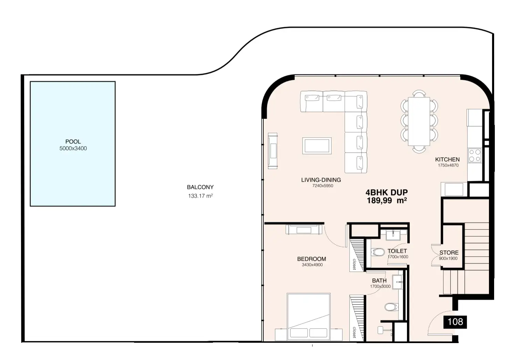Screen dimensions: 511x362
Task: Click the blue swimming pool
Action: [73, 144]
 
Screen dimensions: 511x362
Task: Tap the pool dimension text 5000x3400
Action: [73, 149]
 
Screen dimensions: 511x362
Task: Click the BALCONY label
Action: [200, 187]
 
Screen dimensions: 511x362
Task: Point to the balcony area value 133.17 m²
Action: [201, 196]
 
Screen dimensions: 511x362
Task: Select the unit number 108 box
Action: [455, 322]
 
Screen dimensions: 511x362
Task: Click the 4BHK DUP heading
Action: [387, 192]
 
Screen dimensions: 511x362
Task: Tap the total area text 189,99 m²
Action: [387, 201]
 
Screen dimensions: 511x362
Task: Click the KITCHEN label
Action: [447, 159]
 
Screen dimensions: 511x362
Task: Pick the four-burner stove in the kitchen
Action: [475, 156]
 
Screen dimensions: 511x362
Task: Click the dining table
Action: [419, 121]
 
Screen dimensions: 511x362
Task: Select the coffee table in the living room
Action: [317, 146]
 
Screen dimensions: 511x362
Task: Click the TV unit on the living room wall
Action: [273, 151]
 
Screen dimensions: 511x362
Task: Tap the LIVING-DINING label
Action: [321, 180]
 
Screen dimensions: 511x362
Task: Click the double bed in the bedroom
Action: [309, 317]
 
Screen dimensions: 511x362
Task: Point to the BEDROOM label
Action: [311, 259]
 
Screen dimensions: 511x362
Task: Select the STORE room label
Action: [449, 253]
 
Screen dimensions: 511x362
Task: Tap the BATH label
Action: [379, 281]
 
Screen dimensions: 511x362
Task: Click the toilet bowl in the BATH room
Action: [391, 307]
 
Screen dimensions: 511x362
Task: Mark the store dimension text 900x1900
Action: [448, 258]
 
